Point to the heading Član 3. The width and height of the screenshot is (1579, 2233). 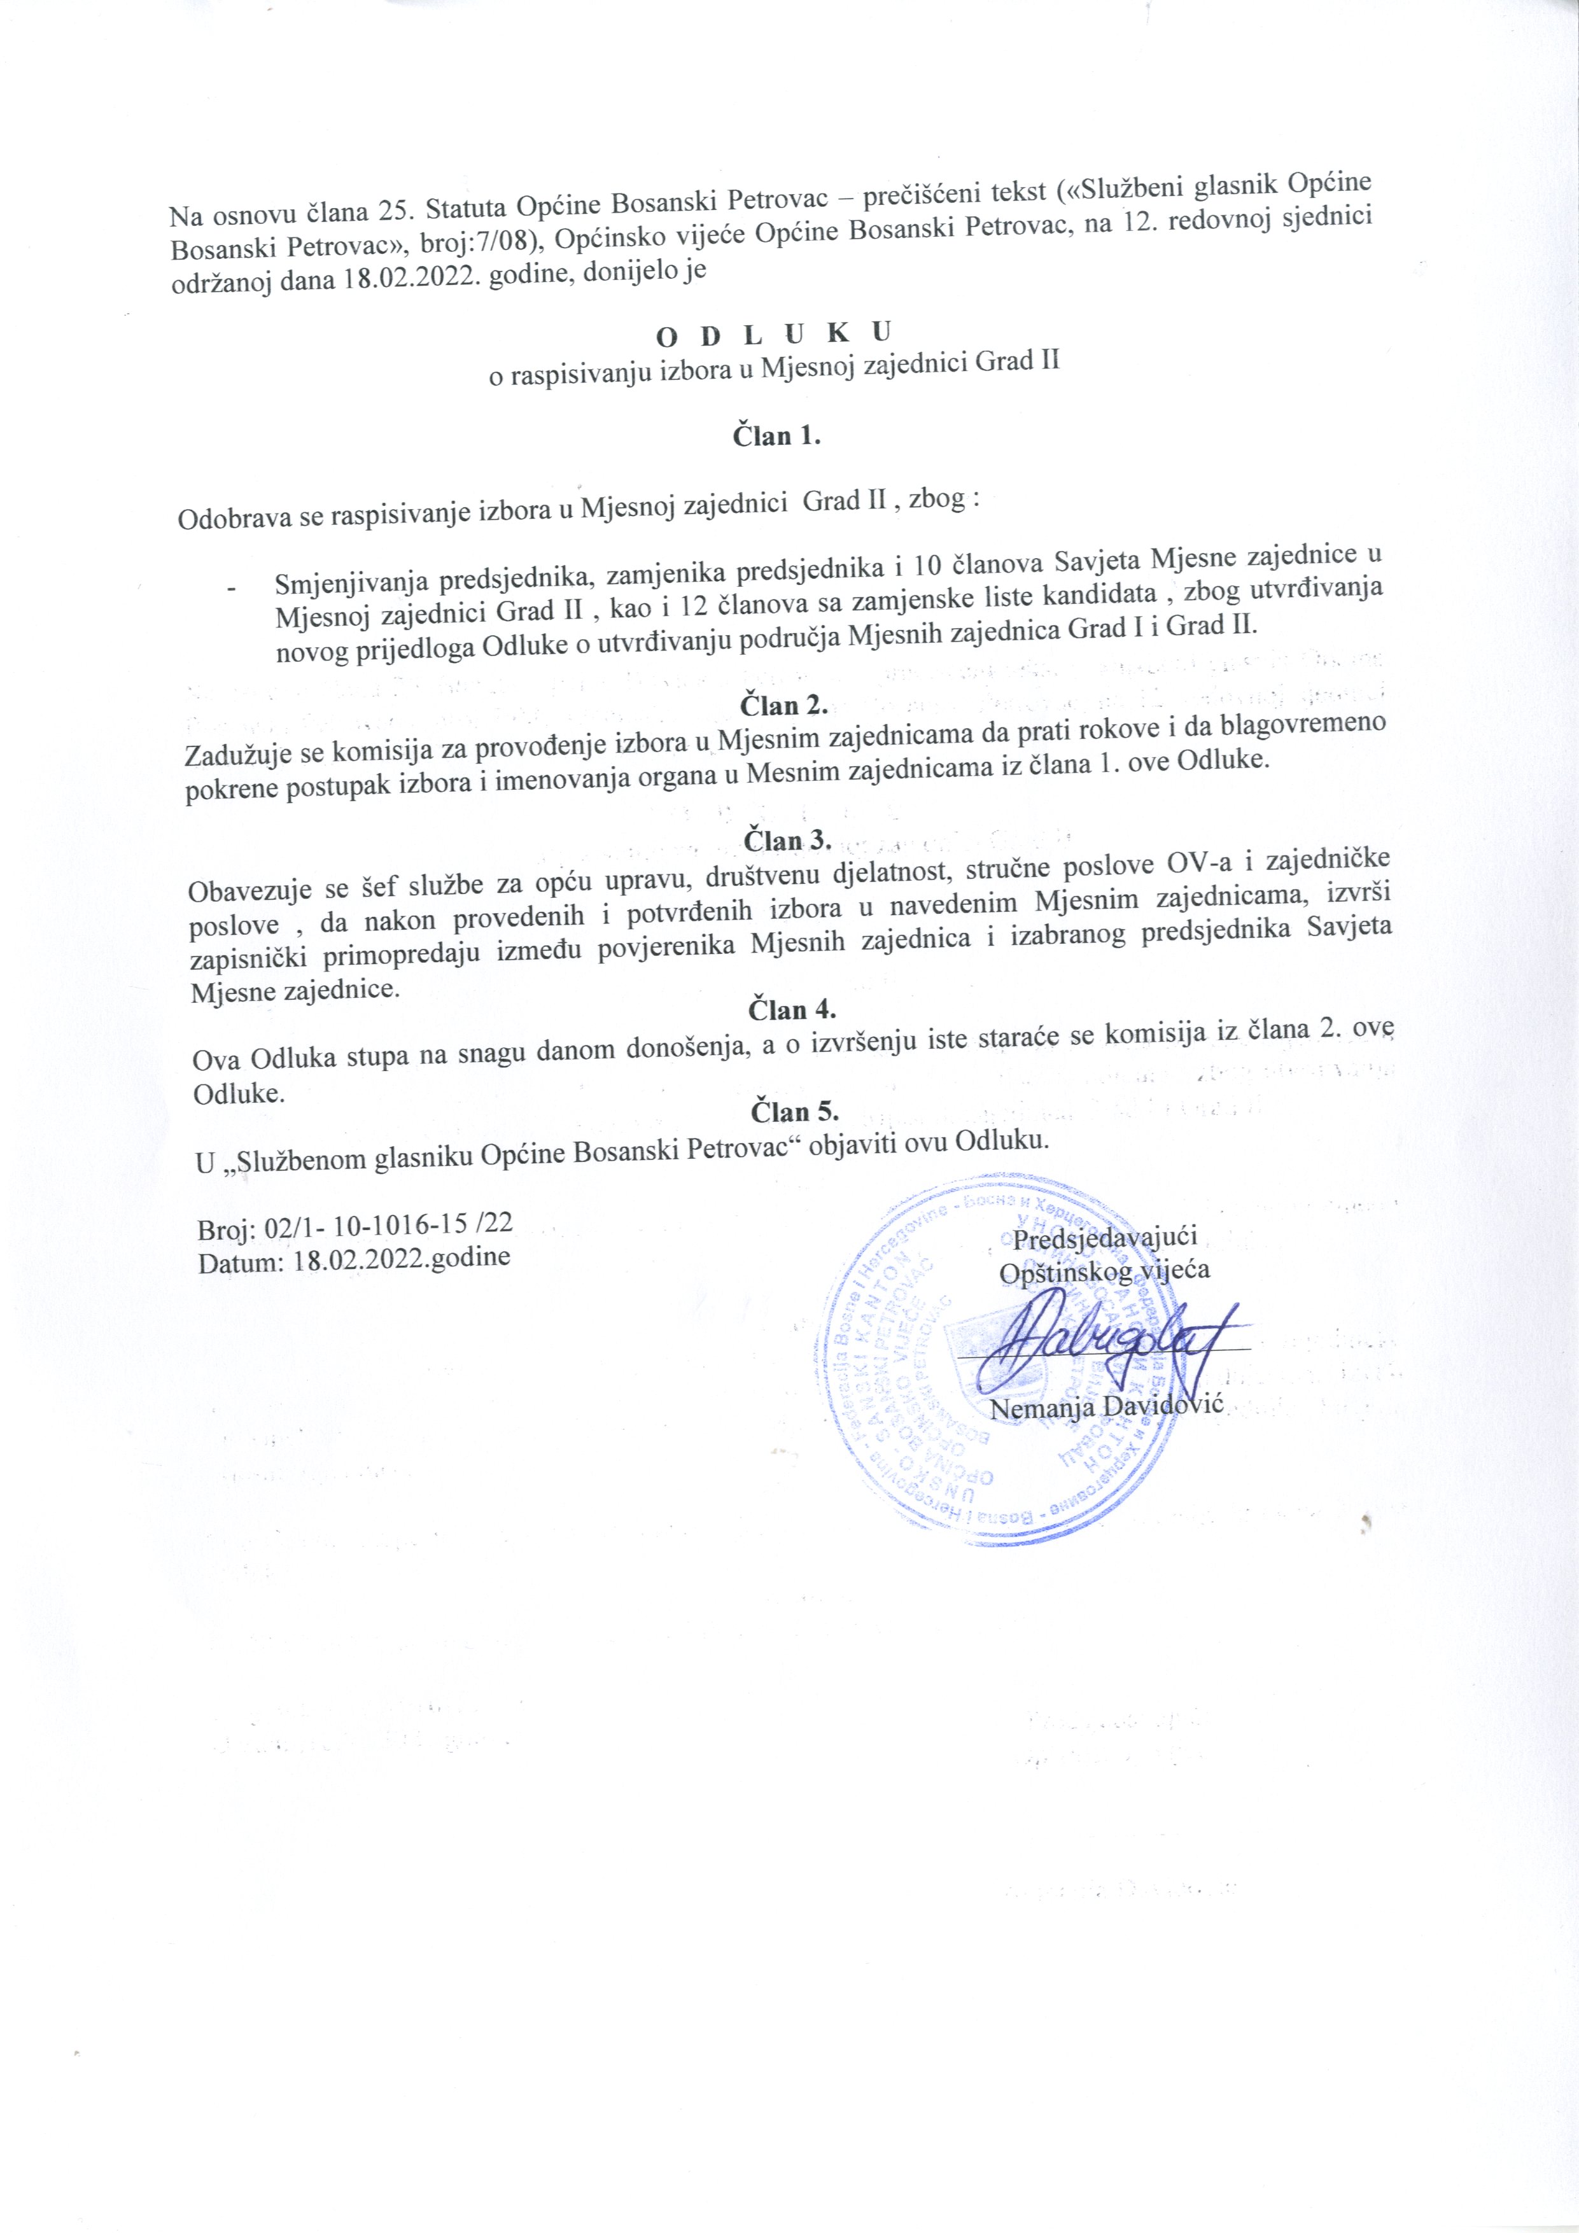(787, 839)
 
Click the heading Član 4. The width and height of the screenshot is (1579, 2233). (792, 1009)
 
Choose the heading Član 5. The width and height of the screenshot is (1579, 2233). (794, 1110)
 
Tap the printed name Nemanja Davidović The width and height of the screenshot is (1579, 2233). (1108, 1406)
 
